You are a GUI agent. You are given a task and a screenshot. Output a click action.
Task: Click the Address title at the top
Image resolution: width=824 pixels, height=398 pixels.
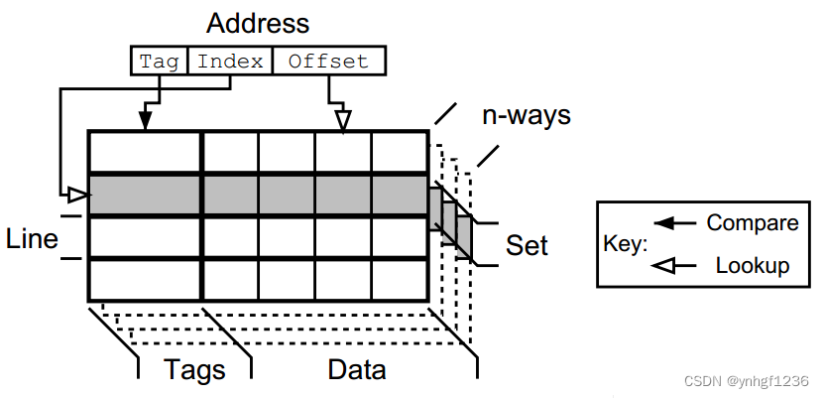pos(258,23)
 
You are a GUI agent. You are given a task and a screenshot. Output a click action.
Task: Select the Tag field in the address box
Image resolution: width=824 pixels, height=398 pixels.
pos(159,62)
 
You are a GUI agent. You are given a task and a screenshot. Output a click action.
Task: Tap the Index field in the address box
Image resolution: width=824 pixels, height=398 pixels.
pos(230,62)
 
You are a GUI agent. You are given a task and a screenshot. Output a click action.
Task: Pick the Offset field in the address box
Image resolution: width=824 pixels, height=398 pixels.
pos(328,62)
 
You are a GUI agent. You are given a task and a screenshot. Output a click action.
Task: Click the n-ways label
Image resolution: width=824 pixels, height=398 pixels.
pos(527,115)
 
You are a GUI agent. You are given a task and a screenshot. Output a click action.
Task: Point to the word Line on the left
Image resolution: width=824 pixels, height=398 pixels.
pos(32,239)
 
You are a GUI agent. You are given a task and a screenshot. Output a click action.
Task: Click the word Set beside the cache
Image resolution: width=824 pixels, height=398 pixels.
pos(527,244)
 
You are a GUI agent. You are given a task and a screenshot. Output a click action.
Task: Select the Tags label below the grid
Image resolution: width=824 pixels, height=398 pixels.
pos(194,370)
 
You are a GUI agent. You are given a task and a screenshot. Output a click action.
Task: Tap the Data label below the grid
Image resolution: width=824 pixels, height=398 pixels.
pos(356,370)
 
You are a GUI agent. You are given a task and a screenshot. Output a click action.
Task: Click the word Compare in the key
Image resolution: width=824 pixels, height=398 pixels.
pos(752,223)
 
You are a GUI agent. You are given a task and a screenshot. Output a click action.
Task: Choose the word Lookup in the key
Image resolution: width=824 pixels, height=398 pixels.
pos(752,265)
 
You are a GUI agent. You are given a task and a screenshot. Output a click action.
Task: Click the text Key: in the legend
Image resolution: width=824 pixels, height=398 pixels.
pos(625,244)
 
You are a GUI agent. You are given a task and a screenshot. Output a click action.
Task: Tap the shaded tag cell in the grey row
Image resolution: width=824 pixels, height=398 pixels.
pos(146,195)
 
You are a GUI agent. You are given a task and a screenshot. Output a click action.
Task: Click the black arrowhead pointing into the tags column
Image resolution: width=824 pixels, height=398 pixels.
pos(146,121)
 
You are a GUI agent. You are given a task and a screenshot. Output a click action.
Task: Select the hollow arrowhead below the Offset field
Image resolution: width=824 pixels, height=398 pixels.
pos(343,120)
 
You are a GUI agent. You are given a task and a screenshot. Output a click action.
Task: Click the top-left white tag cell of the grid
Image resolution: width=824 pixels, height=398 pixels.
pos(146,153)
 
